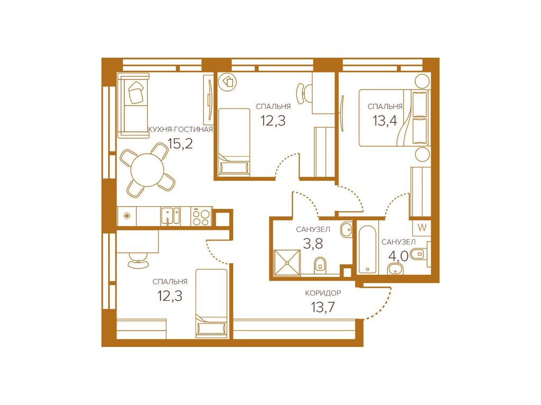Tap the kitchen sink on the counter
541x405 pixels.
(x=170, y=216)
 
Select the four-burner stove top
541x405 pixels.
(x=201, y=217)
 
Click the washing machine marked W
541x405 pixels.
(x=422, y=228)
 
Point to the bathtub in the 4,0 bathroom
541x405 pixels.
(x=368, y=249)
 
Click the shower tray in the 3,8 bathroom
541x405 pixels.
(x=287, y=263)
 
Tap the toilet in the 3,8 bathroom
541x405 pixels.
(x=320, y=265)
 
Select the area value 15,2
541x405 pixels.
(x=180, y=143)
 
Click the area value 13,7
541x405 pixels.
(x=323, y=307)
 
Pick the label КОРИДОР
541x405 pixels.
(x=323, y=293)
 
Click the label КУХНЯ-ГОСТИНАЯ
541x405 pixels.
(x=180, y=130)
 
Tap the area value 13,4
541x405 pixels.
(x=385, y=121)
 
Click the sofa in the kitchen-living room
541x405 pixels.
(x=133, y=105)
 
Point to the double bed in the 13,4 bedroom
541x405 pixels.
(x=394, y=118)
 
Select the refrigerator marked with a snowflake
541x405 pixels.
(x=127, y=216)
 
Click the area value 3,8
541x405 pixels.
(x=313, y=244)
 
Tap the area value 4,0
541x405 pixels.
(x=398, y=256)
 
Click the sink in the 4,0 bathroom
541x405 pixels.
(x=395, y=268)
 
